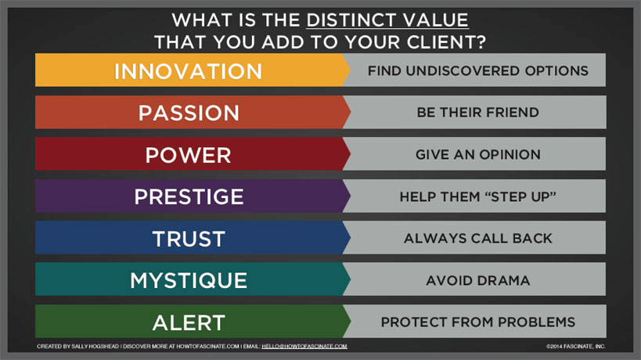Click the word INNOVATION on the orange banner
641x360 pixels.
[x=188, y=71]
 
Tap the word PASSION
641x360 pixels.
[x=189, y=113]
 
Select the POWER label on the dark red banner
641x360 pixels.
[x=189, y=155]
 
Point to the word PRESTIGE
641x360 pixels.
[x=189, y=196]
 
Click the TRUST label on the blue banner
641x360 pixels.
[x=189, y=239]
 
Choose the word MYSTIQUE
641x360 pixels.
[x=189, y=280]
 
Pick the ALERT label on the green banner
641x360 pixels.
[x=189, y=322]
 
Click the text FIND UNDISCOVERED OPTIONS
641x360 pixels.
[x=478, y=70]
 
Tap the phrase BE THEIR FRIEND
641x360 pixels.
[x=478, y=113]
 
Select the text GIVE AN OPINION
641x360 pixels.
[x=478, y=154]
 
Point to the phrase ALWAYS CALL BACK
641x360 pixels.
[x=478, y=238]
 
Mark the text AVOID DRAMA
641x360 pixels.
[x=478, y=280]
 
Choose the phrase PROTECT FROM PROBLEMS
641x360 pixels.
[x=478, y=322]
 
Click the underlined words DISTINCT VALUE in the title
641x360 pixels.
[x=387, y=20]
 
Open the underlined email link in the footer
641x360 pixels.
[x=304, y=346]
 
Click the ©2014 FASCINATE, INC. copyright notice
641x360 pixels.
[x=575, y=346]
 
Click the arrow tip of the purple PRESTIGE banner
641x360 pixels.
[x=351, y=196]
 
